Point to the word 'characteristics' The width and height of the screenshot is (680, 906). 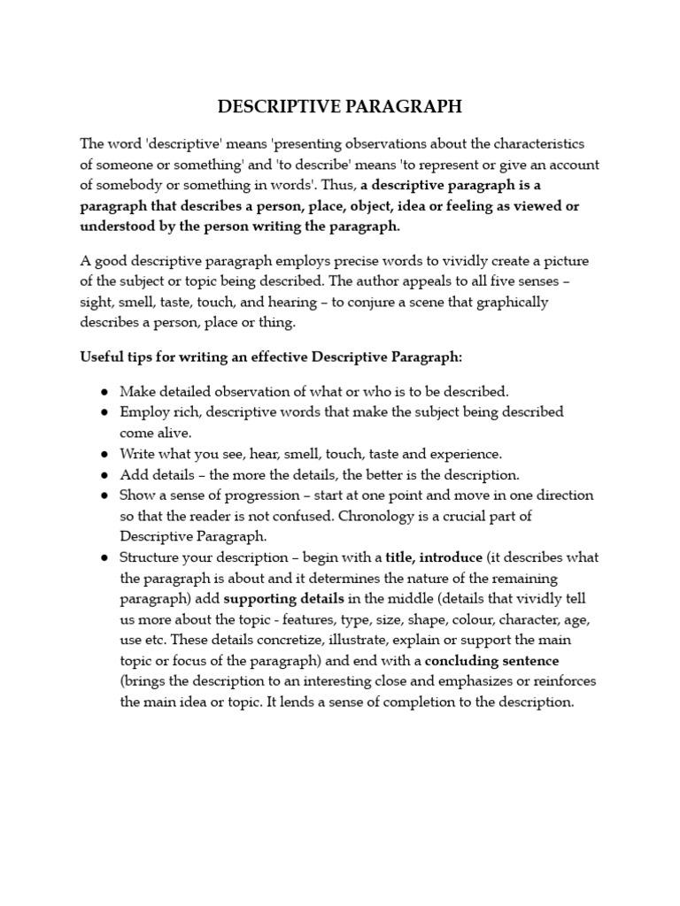(x=539, y=143)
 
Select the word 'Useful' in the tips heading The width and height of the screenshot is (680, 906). (x=102, y=357)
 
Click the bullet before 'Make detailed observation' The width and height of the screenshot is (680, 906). (x=104, y=391)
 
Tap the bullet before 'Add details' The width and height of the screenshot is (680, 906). (x=104, y=474)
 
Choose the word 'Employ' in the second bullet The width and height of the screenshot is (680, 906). (x=143, y=411)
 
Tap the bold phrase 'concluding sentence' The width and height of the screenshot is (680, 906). (x=491, y=661)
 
